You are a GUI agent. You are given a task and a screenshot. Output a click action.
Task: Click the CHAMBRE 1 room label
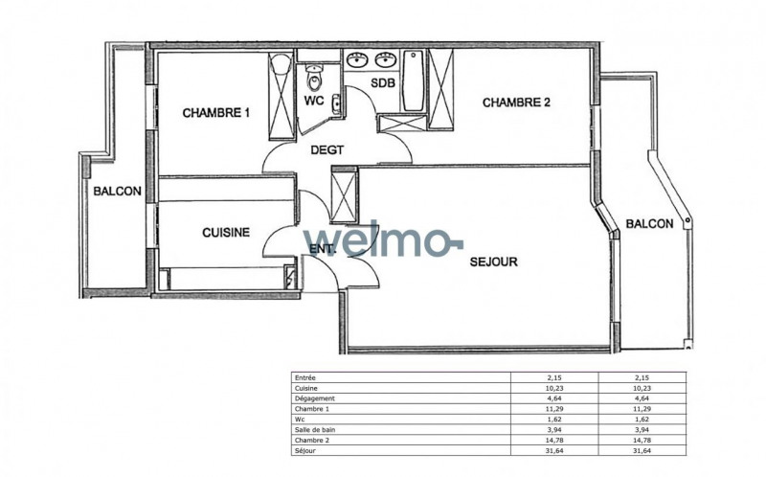point(216,113)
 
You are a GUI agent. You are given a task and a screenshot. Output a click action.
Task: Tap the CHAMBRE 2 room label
point(516,102)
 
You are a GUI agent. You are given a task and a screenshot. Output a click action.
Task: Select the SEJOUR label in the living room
point(493,261)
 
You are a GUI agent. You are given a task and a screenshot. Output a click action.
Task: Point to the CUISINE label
point(226,232)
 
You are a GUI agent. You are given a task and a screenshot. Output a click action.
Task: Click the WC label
point(314,101)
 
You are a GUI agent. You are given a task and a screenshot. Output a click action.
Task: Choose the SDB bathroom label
point(382,83)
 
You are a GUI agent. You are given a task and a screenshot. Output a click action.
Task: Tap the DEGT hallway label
point(327,150)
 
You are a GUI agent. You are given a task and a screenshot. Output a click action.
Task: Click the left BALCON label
point(117,192)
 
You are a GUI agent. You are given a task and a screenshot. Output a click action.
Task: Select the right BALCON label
point(650,224)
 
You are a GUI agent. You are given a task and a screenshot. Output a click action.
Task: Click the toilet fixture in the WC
point(315,79)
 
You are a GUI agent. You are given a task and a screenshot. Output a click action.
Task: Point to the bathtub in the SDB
point(413,80)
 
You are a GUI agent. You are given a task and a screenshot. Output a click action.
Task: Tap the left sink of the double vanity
point(357,60)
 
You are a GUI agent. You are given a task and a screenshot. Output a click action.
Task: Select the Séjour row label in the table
point(304,450)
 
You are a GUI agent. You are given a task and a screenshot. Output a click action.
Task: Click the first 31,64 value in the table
point(554,450)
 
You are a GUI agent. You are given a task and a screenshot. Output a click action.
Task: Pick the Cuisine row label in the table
point(305,388)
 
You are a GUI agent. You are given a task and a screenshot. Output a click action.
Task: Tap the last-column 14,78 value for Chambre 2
point(642,441)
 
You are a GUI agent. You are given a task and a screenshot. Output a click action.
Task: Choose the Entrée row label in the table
point(304,377)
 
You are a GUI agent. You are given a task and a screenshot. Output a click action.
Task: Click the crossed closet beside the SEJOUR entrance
point(344,195)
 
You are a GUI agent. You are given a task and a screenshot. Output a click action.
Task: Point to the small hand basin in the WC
point(336,104)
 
